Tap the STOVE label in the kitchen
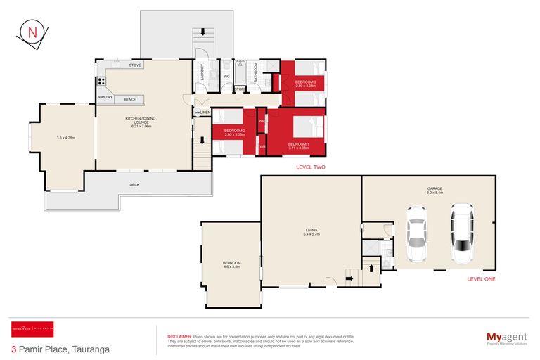[x=135, y=65]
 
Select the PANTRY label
[x=106, y=97]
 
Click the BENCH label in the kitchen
[x=129, y=99]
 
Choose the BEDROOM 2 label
[x=234, y=131]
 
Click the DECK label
[x=134, y=185]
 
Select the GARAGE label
[x=435, y=188]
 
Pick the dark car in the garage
[x=462, y=233]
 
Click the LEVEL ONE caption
[x=481, y=279]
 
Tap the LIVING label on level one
[x=310, y=229]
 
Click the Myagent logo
[x=507, y=338]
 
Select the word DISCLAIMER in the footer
[x=179, y=337]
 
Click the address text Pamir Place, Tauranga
[x=62, y=348]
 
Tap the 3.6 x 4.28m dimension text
[x=65, y=138]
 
